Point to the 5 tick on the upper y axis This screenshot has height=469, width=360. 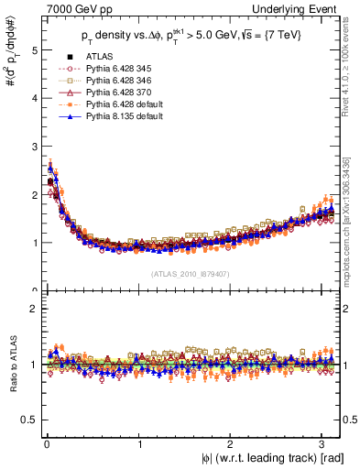(x=32, y=50)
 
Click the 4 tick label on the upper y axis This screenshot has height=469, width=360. (x=32, y=98)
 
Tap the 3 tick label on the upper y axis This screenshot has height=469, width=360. (x=32, y=147)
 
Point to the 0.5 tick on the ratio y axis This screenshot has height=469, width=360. (x=28, y=420)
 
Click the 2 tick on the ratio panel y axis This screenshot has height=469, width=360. (x=32, y=309)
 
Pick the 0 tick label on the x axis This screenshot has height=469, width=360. (x=47, y=442)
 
